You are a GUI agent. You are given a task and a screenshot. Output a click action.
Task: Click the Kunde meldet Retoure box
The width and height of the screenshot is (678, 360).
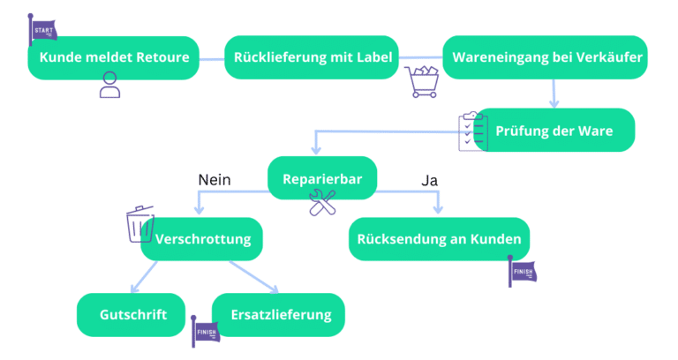pyautogui.click(x=113, y=58)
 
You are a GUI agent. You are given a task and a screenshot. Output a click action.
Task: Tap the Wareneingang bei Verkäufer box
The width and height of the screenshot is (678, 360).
pyautogui.click(x=547, y=58)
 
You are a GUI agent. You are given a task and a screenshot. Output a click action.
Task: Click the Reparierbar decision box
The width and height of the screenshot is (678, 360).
pyautogui.click(x=322, y=178)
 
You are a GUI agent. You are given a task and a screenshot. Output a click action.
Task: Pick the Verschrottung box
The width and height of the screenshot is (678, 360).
pyautogui.click(x=202, y=238)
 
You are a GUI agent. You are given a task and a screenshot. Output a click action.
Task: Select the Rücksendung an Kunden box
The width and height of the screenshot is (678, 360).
pyautogui.click(x=439, y=238)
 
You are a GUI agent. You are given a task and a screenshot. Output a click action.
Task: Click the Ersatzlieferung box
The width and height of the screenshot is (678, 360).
pyautogui.click(x=280, y=315)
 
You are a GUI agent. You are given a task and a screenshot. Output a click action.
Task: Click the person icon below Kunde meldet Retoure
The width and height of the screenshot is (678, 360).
pyautogui.click(x=109, y=85)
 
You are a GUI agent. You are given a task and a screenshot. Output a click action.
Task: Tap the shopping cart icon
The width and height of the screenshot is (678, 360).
pyautogui.click(x=422, y=81)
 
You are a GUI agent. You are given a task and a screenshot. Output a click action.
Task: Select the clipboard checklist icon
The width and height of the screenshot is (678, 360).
pyautogui.click(x=472, y=131)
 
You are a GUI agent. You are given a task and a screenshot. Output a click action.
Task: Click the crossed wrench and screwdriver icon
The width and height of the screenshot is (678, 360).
pyautogui.click(x=322, y=203)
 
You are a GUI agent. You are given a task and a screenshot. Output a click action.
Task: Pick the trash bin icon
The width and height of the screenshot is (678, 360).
pyautogui.click(x=140, y=224)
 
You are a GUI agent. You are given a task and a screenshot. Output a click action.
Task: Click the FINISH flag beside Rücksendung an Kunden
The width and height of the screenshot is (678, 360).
pyautogui.click(x=522, y=271)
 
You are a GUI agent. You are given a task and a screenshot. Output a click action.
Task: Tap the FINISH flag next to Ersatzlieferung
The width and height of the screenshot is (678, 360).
pyautogui.click(x=205, y=334)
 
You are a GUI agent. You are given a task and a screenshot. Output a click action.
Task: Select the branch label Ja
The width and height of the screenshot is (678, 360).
pyautogui.click(x=430, y=180)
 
